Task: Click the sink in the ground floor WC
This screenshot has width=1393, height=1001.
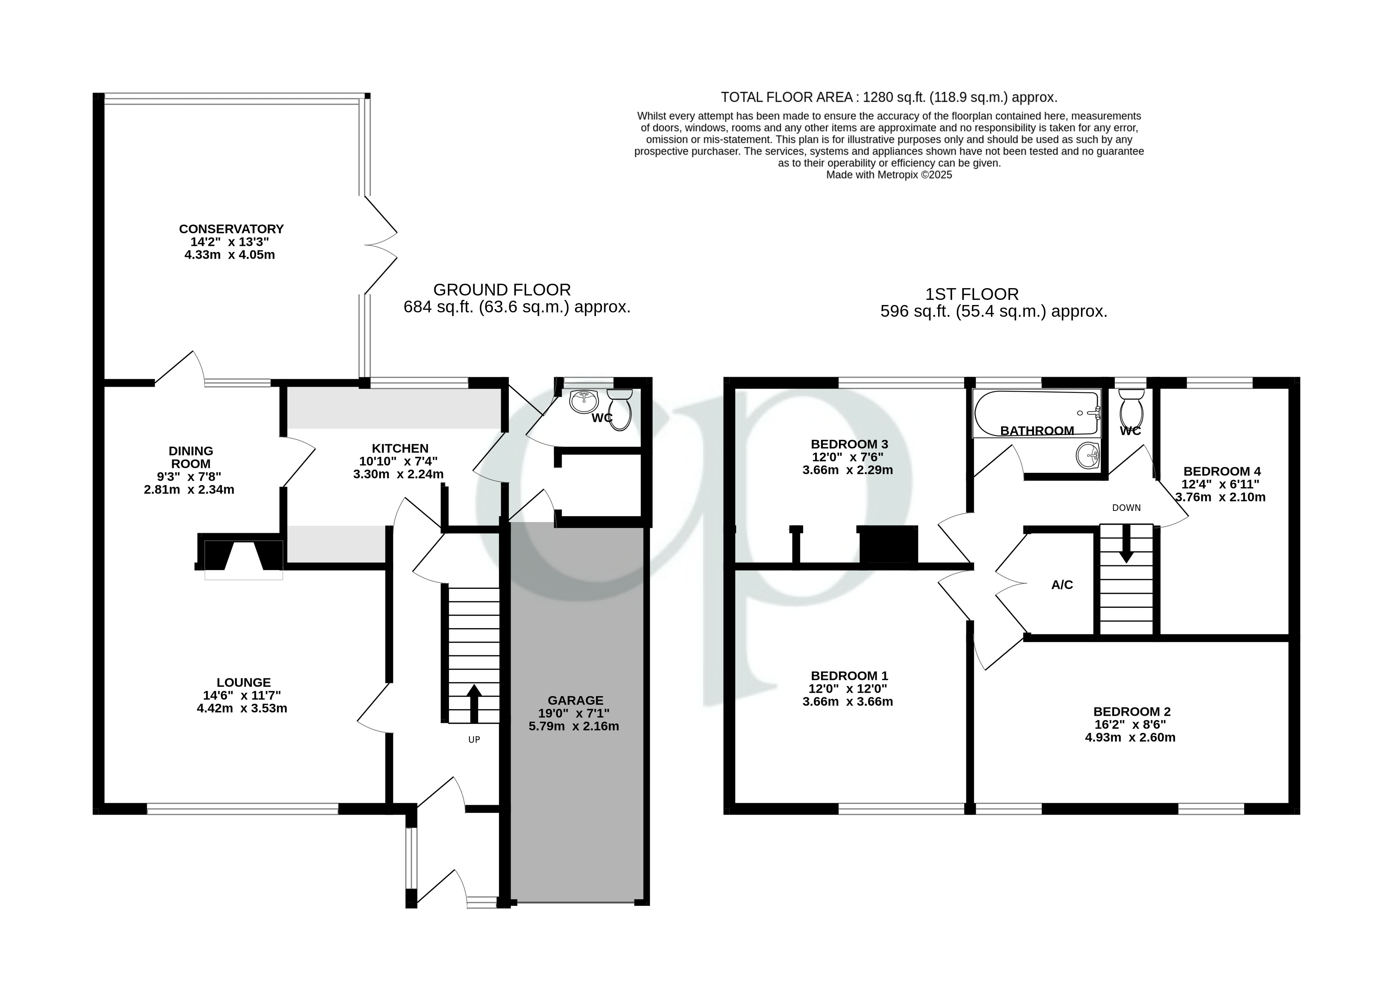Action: [583, 402]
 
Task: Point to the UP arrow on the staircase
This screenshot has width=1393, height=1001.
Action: [474, 703]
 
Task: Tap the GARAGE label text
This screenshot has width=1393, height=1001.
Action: [575, 700]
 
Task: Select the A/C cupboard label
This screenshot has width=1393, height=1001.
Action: [1062, 585]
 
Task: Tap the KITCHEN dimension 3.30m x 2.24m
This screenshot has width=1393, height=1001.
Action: [398, 474]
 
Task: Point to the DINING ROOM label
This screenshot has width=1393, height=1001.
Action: [191, 457]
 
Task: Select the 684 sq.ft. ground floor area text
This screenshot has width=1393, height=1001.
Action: [517, 307]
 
